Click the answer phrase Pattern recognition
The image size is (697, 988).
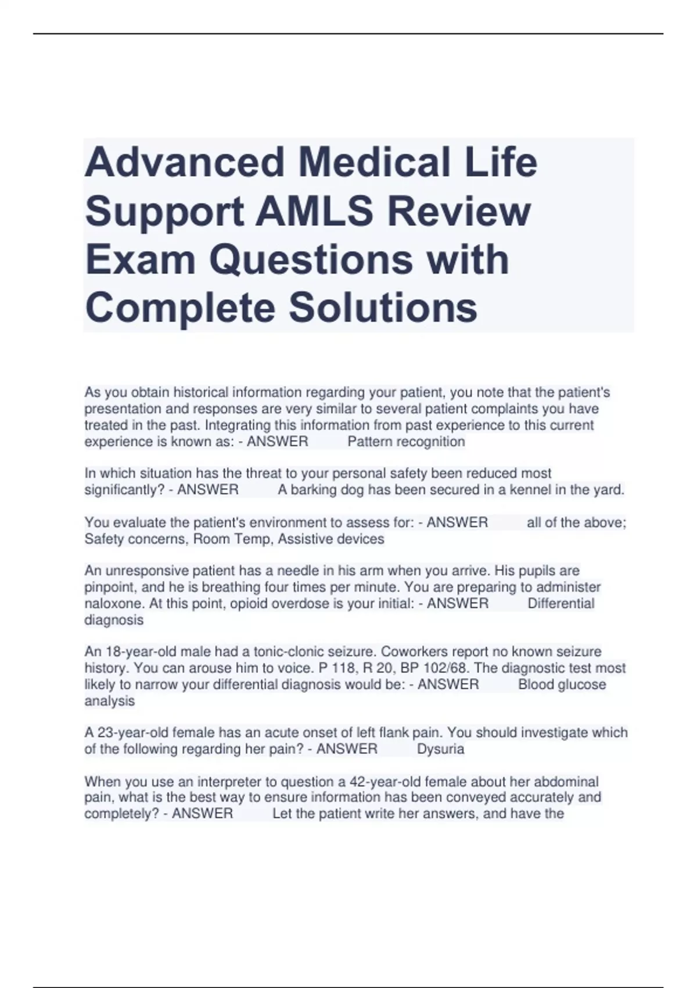click(x=406, y=442)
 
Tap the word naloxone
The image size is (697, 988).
click(x=113, y=604)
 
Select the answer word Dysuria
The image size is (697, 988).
click(x=440, y=749)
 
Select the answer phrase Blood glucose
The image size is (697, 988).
click(x=562, y=685)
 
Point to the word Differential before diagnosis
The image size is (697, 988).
click(x=561, y=604)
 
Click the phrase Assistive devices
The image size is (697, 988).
click(x=331, y=539)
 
